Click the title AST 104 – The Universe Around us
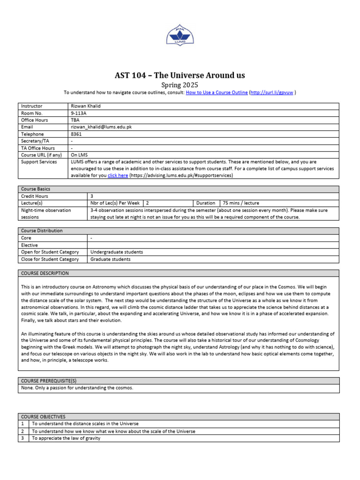click(x=180, y=75)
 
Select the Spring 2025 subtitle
click(x=180, y=85)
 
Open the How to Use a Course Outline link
click(x=217, y=93)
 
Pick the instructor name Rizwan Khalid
click(x=86, y=106)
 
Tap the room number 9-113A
click(x=79, y=113)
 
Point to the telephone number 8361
click(x=76, y=134)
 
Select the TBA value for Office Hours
click(x=75, y=120)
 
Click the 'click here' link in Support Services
click(x=118, y=175)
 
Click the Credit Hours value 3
click(x=92, y=196)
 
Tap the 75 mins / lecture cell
click(x=241, y=203)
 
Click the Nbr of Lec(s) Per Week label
click(x=115, y=203)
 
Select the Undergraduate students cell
click(x=117, y=252)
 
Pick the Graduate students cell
click(x=111, y=259)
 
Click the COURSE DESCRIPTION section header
click(x=45, y=273)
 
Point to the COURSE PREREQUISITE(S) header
click(x=49, y=381)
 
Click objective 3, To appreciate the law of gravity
click(x=66, y=438)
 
